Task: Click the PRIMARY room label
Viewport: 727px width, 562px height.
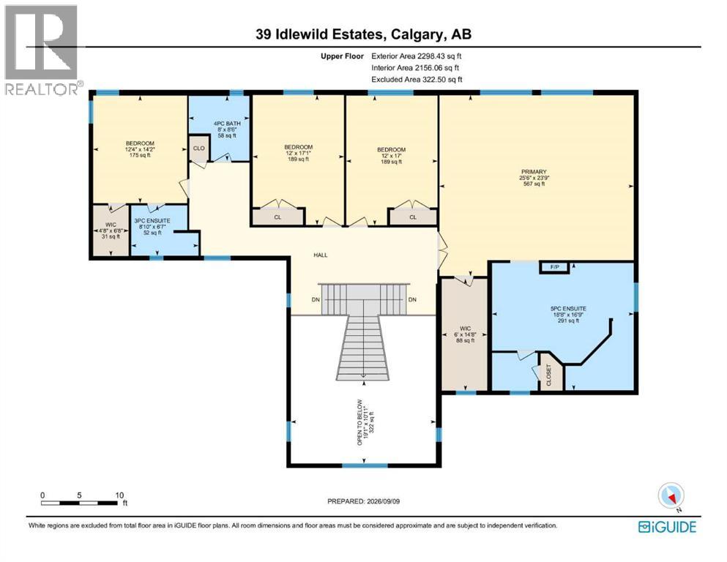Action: [534, 172]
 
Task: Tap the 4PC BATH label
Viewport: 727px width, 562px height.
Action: [227, 124]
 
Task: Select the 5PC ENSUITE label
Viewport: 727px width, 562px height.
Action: [568, 309]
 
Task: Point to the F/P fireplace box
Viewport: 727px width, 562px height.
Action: [554, 267]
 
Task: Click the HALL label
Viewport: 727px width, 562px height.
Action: [321, 255]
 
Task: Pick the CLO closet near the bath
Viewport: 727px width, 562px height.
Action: [199, 149]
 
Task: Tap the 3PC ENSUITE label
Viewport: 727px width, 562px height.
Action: [152, 221]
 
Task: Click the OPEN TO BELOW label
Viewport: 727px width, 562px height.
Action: [359, 422]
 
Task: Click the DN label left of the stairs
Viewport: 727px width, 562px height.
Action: [316, 300]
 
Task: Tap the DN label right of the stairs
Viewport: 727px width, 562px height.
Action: [412, 300]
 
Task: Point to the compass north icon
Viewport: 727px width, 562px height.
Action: [671, 495]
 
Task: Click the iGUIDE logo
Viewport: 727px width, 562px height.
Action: [667, 527]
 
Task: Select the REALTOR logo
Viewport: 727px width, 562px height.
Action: [42, 50]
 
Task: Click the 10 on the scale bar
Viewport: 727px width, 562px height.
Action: [119, 495]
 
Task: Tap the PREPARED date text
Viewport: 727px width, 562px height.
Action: [363, 501]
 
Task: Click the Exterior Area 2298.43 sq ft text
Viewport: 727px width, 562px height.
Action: [417, 56]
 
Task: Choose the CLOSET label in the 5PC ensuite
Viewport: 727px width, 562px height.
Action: [549, 375]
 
